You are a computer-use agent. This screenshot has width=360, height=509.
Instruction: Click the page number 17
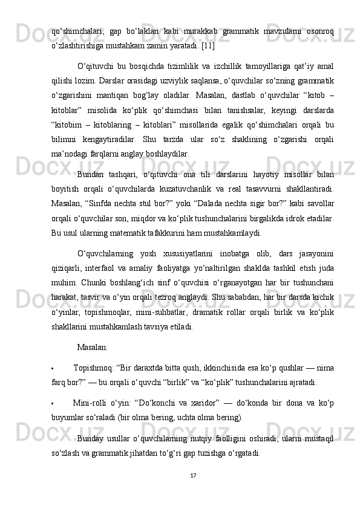tap(192, 475)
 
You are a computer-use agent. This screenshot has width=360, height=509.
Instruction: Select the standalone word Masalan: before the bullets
tap(93, 348)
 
